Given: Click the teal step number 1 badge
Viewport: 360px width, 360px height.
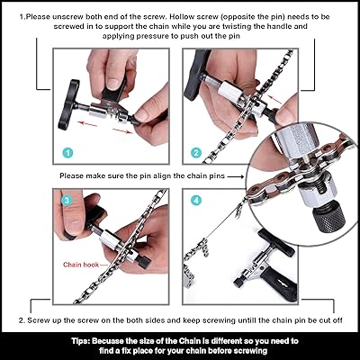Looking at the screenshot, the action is pos(67,153).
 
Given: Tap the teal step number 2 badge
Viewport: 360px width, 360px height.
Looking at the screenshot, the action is pos(196,153).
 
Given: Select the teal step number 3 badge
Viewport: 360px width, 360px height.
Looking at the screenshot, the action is pos(67,200).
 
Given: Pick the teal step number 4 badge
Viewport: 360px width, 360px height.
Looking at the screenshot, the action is pos(196,201).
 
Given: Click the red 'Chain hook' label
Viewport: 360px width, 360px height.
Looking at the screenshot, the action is pos(81,265).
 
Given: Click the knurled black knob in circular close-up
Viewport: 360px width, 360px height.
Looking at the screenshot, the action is pos(329,217).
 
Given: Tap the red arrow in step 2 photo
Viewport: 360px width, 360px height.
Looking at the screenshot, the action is pos(274,99).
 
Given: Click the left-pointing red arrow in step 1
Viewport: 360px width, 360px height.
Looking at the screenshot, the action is pos(87,123).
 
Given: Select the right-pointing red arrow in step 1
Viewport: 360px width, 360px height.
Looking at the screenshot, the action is pos(123,130).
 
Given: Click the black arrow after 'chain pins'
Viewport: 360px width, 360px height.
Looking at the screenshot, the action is pos(236,176).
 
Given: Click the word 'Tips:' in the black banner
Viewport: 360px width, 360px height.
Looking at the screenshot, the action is pos(81,341).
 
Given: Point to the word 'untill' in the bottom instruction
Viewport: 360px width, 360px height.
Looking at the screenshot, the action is pos(247,320).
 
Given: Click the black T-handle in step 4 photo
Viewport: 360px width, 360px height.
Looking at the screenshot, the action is pos(277,243).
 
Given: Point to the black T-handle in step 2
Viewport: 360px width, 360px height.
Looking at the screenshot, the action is pos(197,74).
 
